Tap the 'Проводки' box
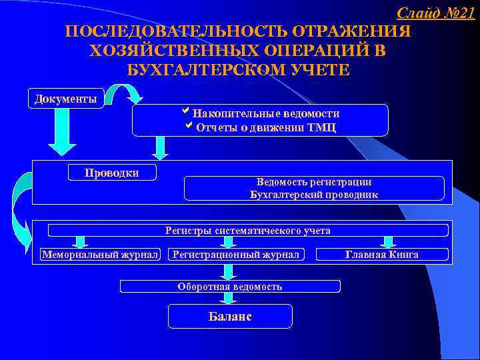pyautogui.click(x=112, y=173)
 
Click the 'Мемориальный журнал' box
pyautogui.click(x=100, y=255)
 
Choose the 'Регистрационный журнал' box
pyautogui.click(x=236, y=255)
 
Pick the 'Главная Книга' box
pyautogui.click(x=382, y=255)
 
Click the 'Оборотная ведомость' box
pyautogui.click(x=229, y=287)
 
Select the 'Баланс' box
pyautogui.click(x=229, y=316)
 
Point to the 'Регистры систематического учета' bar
pyautogui.click(x=248, y=231)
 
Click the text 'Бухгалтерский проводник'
pyautogui.click(x=313, y=195)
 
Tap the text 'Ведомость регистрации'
pyautogui.click(x=313, y=182)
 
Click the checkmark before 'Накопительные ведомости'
pyautogui.click(x=186, y=112)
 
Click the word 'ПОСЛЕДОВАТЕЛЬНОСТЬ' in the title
pyautogui.click(x=175, y=32)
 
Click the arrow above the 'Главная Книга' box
pyautogui.click(x=389, y=241)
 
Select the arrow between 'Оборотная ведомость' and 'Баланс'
pyautogui.click(x=229, y=298)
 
